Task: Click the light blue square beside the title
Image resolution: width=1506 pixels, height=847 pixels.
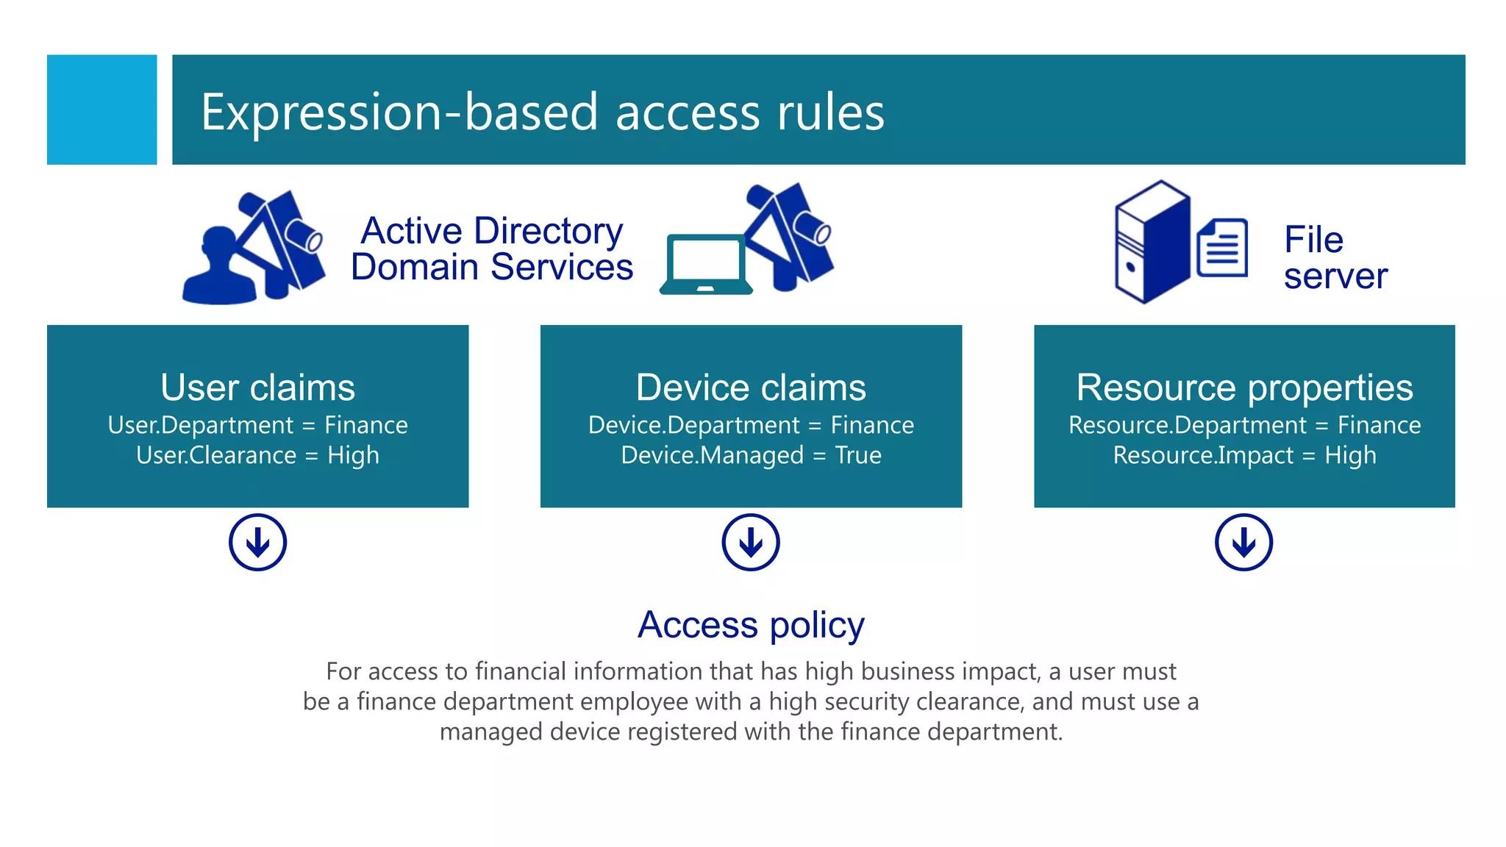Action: [x=101, y=110]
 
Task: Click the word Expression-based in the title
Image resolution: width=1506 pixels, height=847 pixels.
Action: [x=399, y=112]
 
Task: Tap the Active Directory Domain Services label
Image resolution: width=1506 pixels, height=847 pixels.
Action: [x=491, y=249]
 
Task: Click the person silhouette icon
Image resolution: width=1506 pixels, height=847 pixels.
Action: [x=218, y=268]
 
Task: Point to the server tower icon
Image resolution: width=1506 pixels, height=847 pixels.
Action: [x=1152, y=242]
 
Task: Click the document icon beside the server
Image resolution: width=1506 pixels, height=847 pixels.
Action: [x=1222, y=248]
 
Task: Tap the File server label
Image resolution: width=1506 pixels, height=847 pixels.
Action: [x=1335, y=257]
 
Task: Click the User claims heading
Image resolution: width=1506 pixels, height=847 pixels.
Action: [x=257, y=387]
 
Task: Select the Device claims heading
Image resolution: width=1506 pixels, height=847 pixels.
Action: [x=751, y=387]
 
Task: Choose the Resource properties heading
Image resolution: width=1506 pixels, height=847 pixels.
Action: [x=1244, y=387]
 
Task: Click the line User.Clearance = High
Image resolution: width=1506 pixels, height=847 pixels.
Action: [x=257, y=455]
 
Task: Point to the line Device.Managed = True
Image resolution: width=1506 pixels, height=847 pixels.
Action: [x=751, y=455]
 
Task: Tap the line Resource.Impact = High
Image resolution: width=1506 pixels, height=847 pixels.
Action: [x=1244, y=455]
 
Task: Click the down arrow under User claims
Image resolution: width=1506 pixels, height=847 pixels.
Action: [x=257, y=543]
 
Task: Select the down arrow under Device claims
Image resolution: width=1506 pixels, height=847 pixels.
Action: [x=751, y=543]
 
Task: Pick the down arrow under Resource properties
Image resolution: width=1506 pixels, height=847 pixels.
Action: [x=1243, y=543]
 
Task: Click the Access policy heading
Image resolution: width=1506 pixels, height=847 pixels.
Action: [x=751, y=625]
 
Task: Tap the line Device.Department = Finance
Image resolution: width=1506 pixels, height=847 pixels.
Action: [x=751, y=425]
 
